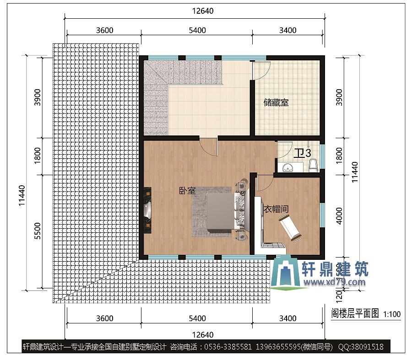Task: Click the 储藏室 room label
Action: tap(276, 103)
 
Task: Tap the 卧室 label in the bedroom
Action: tap(187, 191)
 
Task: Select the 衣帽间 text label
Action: tap(276, 209)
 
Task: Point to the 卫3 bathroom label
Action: tap(303, 153)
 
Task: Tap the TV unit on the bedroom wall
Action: tap(147, 210)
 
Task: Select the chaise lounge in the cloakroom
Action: tap(289, 226)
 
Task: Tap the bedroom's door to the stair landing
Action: tap(208, 146)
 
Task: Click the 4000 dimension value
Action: tap(339, 216)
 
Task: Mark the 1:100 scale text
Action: tap(392, 314)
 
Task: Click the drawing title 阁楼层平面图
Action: tap(355, 314)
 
